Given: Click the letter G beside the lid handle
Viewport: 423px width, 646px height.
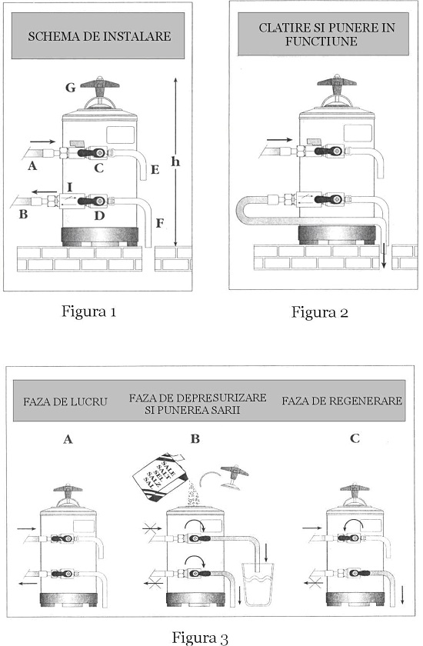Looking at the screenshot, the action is point(71,88).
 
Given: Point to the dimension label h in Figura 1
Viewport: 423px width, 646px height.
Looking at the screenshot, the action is point(175,161).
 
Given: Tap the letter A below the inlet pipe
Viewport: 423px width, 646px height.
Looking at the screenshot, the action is point(32,166).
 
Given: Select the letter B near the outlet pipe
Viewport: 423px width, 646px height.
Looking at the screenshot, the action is point(24,215).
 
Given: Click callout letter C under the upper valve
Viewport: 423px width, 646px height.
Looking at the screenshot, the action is point(98,168).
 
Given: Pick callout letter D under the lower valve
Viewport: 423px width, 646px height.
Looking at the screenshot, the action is point(99,215).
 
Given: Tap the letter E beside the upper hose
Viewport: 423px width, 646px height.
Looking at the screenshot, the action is point(155,170).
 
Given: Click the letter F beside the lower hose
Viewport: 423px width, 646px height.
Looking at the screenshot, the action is point(160,223).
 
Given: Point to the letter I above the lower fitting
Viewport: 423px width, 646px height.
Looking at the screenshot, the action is point(70,188).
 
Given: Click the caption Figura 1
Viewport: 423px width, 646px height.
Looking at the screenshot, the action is point(89,311).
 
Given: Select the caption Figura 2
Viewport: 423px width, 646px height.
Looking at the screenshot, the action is point(320,312).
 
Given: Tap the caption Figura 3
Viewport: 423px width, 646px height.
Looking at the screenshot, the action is point(200,638).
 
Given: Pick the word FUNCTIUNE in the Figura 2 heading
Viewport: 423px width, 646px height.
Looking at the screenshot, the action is point(321,42).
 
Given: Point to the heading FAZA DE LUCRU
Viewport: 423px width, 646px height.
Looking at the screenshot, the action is point(65,401).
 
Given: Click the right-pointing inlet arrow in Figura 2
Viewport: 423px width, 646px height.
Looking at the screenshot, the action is point(279,140).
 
